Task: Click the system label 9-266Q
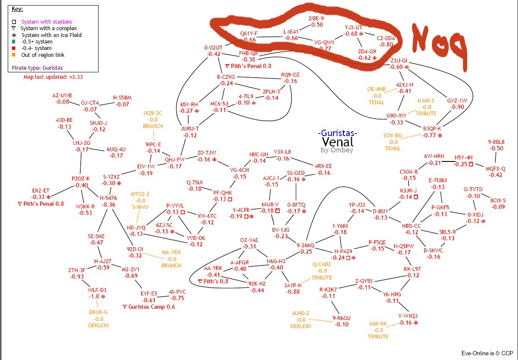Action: [x=306, y=245]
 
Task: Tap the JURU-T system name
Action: [x=190, y=128]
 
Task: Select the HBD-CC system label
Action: [x=411, y=226]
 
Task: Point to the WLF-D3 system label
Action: [x=97, y=290]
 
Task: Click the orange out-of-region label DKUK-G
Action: [x=99, y=312]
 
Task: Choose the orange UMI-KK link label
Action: [x=378, y=323]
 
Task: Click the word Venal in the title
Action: [x=338, y=142]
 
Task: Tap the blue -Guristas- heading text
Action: [x=338, y=133]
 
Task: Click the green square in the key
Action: [x=14, y=42]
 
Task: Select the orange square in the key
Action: [x=14, y=55]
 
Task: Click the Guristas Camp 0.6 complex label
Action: [x=148, y=307]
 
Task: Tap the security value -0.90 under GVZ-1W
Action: [x=456, y=107]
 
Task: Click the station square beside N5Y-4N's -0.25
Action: [x=471, y=164]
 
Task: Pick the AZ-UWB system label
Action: [x=62, y=95]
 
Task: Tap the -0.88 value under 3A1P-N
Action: [x=293, y=292]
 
